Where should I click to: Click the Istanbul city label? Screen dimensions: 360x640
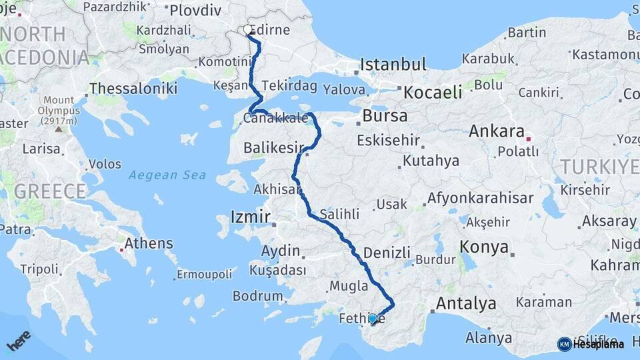coord(393,65)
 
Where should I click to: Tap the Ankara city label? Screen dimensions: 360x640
coord(496,131)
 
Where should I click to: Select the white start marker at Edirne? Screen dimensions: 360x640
coord(248,30)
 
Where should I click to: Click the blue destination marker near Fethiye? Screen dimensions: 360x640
coord(373,319)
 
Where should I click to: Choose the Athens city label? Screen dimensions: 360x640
coord(148,243)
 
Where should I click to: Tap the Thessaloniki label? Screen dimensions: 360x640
coord(133,88)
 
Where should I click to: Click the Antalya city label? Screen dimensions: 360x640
coord(465,304)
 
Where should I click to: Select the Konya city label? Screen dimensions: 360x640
coord(484,247)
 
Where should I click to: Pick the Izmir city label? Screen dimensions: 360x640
coord(250,217)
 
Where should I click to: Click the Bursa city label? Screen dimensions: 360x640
coord(385,116)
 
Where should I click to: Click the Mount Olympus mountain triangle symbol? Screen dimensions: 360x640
coord(58,129)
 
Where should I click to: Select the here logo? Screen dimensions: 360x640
coord(19,340)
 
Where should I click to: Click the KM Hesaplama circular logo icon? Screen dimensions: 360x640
coord(564,344)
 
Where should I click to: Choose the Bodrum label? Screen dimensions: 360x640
coord(257,296)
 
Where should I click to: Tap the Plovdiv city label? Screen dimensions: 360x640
coord(195,11)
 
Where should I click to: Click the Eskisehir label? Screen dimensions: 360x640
coord(388,141)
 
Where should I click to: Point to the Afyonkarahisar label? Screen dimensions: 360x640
coord(480,198)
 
